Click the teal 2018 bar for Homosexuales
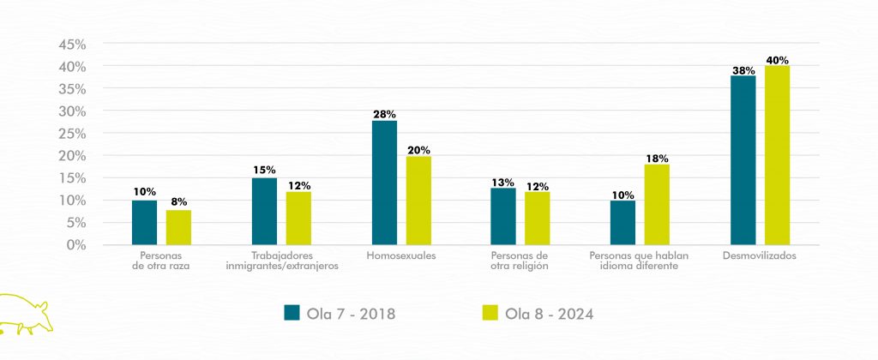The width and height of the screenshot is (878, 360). (384, 183)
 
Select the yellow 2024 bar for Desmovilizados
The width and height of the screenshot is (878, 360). (777, 155)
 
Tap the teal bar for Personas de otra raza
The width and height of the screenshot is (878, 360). (144, 222)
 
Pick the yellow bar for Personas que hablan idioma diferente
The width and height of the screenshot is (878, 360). (657, 204)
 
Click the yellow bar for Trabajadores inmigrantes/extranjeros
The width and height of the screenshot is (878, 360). (298, 218)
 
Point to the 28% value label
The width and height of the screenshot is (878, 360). (384, 114)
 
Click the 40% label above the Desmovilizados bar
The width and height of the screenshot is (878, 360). (778, 60)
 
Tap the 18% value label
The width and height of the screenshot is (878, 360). (658, 159)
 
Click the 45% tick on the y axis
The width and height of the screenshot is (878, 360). (74, 45)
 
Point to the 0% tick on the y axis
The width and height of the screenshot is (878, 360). (77, 245)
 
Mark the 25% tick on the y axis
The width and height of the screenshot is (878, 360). (74, 134)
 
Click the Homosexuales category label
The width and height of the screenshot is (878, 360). (400, 255)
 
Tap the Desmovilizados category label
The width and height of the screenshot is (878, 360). (760, 255)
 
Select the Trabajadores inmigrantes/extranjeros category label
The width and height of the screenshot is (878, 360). (282, 261)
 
